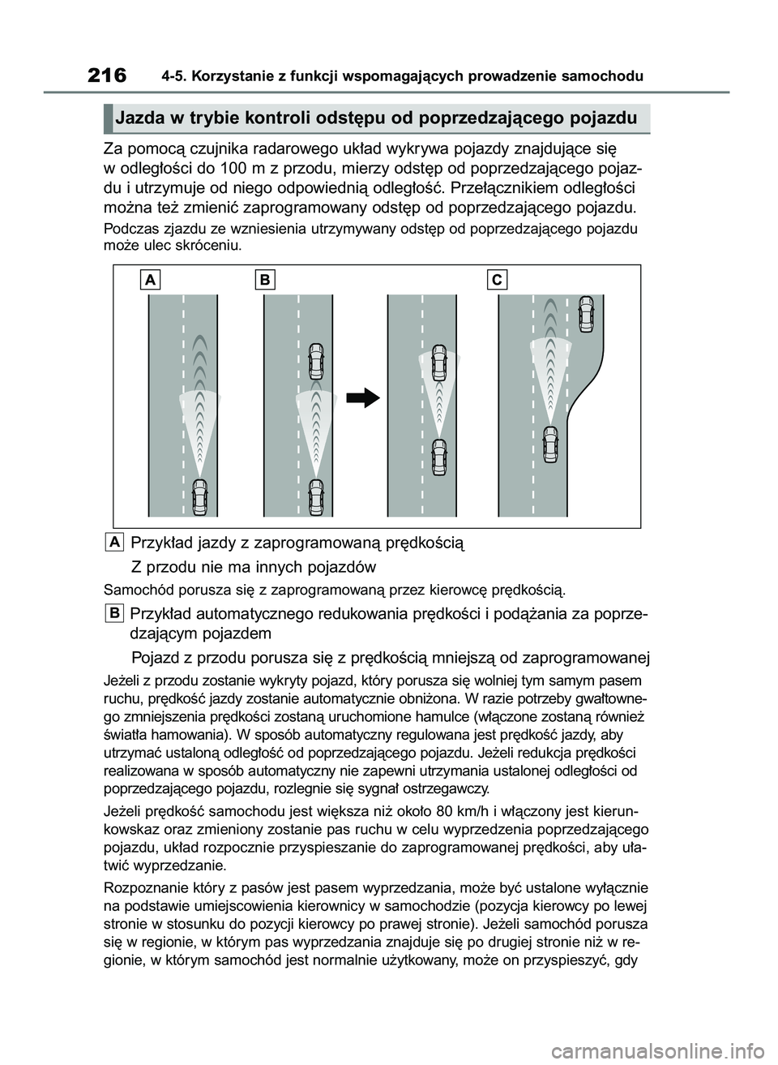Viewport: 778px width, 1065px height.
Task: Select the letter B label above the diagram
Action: point(265,280)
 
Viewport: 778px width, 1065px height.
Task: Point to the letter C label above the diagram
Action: point(497,280)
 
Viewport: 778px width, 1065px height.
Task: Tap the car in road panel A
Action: point(199,496)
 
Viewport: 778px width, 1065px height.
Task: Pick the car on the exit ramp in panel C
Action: point(586,314)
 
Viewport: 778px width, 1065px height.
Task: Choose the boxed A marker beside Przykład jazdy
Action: point(114,541)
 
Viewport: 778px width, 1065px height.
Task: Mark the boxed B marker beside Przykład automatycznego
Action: point(114,612)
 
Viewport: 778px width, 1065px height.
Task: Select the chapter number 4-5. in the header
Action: point(174,77)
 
